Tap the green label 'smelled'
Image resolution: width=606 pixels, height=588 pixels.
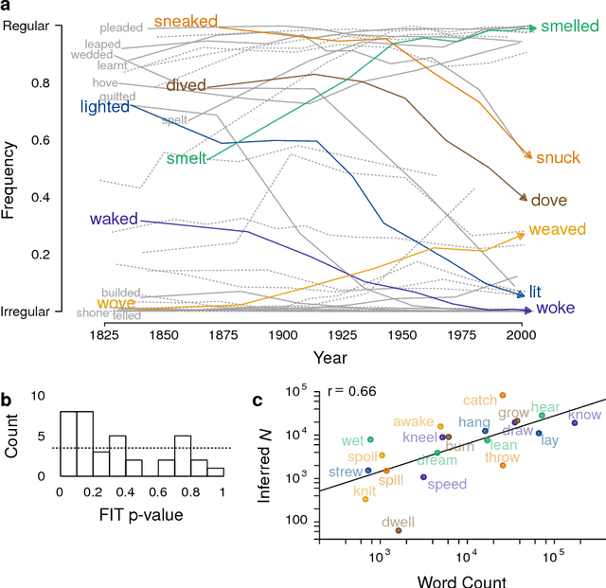point(569,27)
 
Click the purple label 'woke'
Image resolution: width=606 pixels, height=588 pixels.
point(555,309)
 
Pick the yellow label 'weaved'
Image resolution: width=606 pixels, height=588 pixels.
point(557,230)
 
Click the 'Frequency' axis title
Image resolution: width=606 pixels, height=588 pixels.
point(11,180)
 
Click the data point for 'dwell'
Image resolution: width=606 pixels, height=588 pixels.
point(399,531)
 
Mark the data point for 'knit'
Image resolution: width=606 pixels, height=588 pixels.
point(365,499)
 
